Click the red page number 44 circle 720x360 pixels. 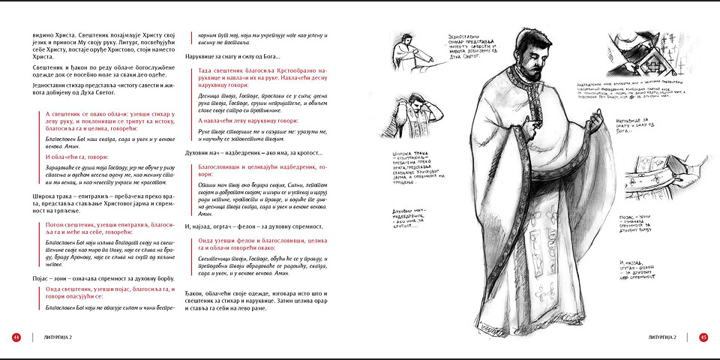(16, 337)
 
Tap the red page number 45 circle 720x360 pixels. (703, 337)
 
